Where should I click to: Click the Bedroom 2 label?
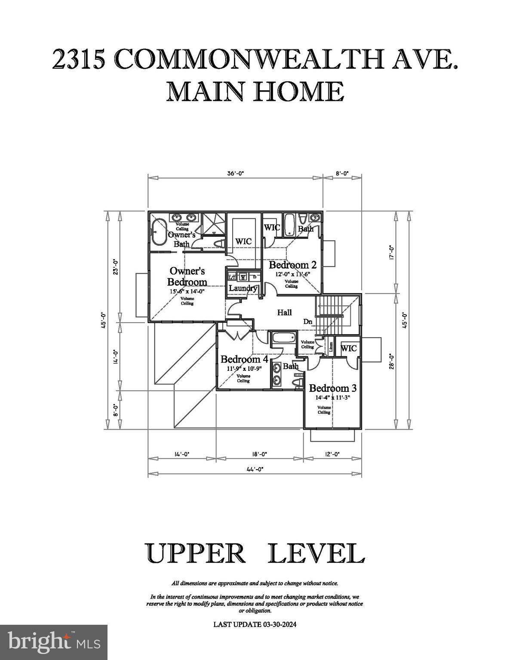[x=292, y=265]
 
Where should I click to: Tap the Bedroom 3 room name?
[x=332, y=388]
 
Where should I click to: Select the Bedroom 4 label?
[x=244, y=359]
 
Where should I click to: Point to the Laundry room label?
[x=243, y=288]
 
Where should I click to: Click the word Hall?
[x=284, y=312]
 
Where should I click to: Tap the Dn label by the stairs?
[x=307, y=321]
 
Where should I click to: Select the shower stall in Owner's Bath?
[x=214, y=223]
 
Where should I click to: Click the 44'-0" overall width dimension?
[x=255, y=470]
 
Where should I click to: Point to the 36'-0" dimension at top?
[x=235, y=174]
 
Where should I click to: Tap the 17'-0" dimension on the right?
[x=391, y=252]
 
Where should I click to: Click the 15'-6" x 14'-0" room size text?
[x=187, y=291]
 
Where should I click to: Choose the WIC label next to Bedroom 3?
[x=348, y=348]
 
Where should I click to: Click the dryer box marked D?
[x=255, y=277]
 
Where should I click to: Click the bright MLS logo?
[x=54, y=642]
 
